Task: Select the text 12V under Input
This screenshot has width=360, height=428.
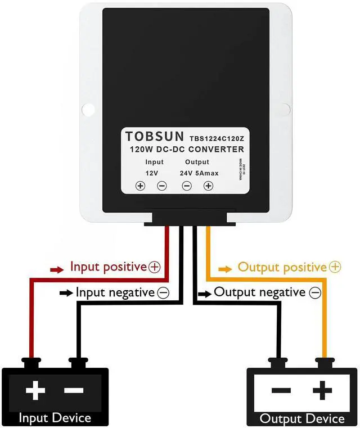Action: pyautogui.click(x=151, y=173)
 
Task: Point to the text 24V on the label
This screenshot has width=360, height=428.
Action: pyautogui.click(x=186, y=173)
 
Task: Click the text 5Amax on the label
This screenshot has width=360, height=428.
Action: pyautogui.click(x=208, y=173)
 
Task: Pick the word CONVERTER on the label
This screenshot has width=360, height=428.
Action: pyautogui.click(x=216, y=150)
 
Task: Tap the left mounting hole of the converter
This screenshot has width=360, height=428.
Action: pyautogui.click(x=88, y=108)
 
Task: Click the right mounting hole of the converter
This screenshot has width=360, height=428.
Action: pyautogui.click(x=284, y=108)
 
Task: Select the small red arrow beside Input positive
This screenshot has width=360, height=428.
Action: pyautogui.click(x=57, y=269)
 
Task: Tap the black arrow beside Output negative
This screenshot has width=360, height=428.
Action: pyautogui.click(x=205, y=293)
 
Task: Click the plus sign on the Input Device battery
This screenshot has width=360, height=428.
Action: pyautogui.click(x=35, y=390)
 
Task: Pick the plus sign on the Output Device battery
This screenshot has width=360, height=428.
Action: pyautogui.click(x=322, y=390)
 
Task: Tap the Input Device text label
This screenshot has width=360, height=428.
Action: pyautogui.click(x=55, y=418)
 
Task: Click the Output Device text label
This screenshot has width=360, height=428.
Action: pyautogui.click(x=302, y=419)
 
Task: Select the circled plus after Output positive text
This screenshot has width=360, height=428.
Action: pyautogui.click(x=335, y=267)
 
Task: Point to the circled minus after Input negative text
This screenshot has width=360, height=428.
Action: pyautogui.click(x=163, y=292)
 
